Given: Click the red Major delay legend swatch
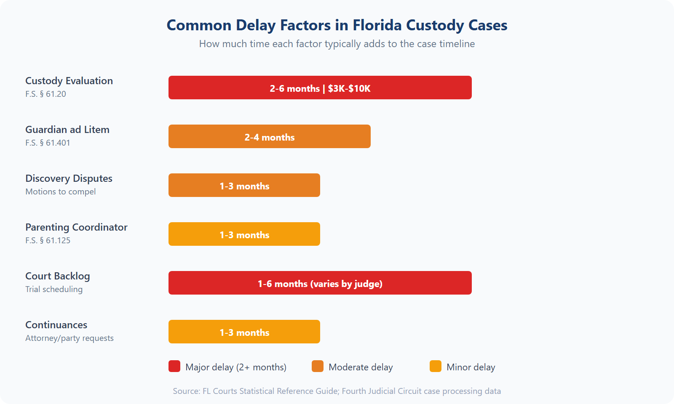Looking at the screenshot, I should click(x=174, y=366).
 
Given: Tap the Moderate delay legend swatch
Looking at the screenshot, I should click(x=318, y=366).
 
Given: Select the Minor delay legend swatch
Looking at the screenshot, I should click(x=436, y=366).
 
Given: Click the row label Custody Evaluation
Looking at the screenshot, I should click(x=69, y=81).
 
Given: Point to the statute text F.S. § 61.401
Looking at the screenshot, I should click(x=48, y=143).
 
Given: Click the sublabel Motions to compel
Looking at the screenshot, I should click(x=61, y=191).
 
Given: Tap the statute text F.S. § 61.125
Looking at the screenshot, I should click(x=48, y=240).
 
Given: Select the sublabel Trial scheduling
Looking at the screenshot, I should click(x=54, y=289).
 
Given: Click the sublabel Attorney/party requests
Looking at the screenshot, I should click(x=70, y=338).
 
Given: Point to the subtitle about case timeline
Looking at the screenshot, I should click(x=337, y=44).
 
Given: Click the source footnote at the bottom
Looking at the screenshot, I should click(x=337, y=391).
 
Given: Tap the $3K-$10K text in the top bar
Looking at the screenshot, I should click(x=349, y=88).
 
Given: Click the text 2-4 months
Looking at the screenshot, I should click(x=270, y=137).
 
